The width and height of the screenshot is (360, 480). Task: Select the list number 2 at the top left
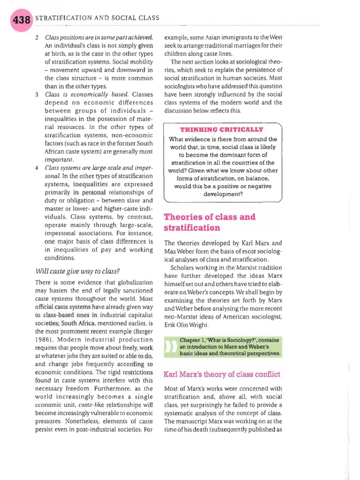[37, 37]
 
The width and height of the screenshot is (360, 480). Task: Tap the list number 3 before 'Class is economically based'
[37, 95]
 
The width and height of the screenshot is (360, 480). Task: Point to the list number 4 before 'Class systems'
[37, 167]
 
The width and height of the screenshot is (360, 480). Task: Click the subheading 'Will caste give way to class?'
[77, 270]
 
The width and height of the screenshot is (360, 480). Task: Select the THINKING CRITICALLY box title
[222, 129]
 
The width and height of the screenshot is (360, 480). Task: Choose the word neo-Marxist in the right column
[182, 316]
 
